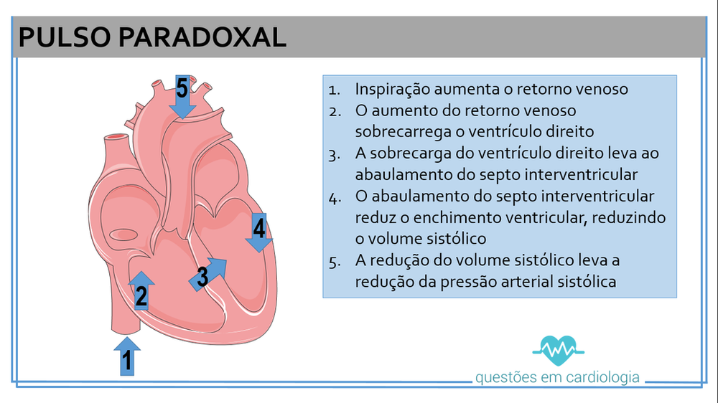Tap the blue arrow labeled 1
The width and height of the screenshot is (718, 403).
(127, 356)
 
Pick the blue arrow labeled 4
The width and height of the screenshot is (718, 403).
(258, 232)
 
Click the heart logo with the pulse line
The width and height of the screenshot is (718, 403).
(557, 348)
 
